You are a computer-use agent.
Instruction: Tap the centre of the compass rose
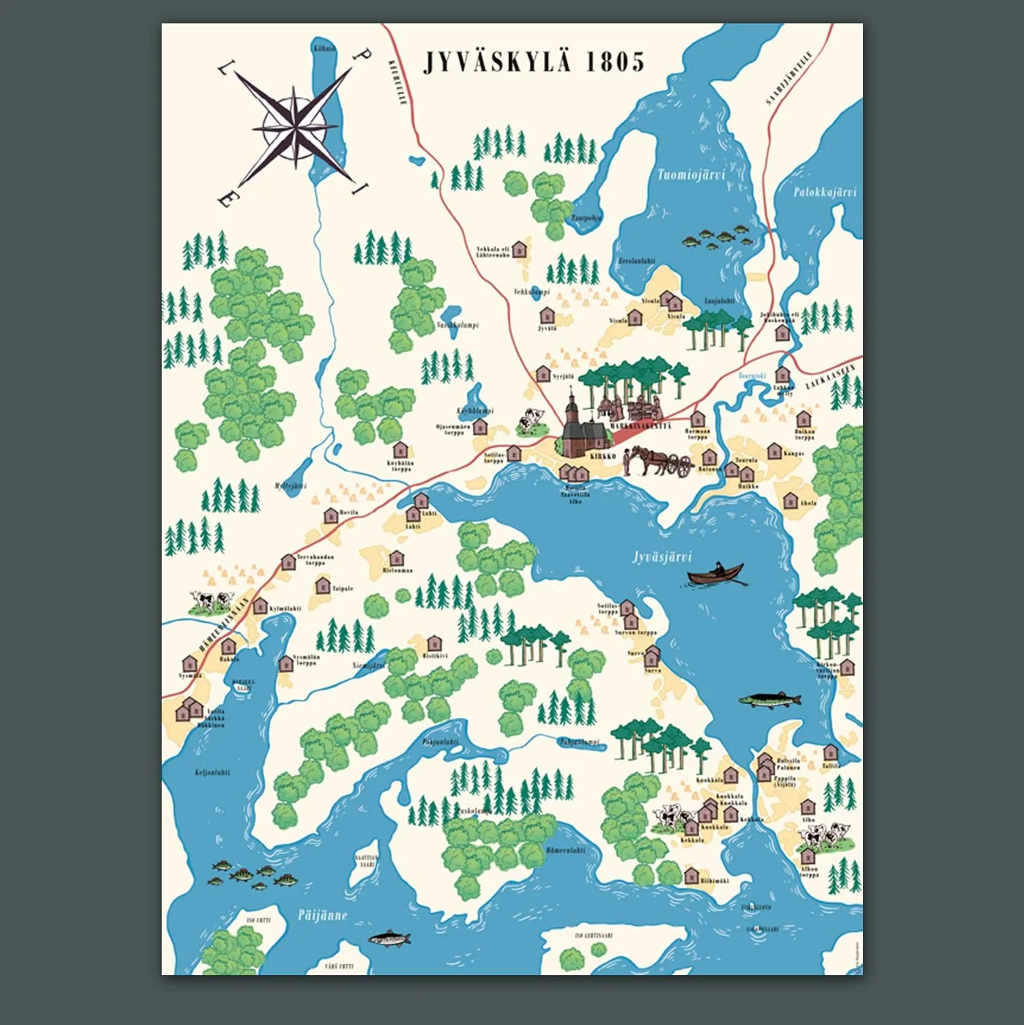tap(295, 128)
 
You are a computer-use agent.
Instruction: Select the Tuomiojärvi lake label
tap(690, 175)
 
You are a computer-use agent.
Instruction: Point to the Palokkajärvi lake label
tap(824, 193)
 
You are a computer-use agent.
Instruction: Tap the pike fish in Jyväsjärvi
tap(769, 700)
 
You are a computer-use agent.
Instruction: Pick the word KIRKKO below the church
tap(603, 455)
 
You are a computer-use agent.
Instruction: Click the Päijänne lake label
tap(322, 915)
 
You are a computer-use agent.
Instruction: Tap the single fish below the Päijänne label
tap(390, 938)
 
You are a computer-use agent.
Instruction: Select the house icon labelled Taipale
tap(322, 585)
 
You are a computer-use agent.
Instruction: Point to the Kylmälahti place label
tap(285, 608)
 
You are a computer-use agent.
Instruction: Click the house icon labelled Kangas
tap(773, 451)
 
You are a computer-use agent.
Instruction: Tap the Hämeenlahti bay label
tap(565, 851)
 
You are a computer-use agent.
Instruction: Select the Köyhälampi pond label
tap(475, 411)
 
